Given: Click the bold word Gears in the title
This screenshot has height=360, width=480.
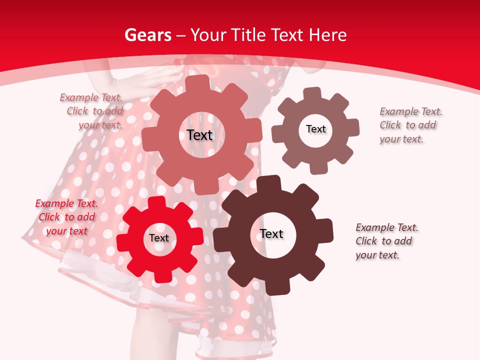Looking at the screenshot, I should click(x=148, y=35).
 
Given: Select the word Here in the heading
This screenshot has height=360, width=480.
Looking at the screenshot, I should click(x=327, y=35).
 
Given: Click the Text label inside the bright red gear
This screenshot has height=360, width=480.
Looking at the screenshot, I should click(x=159, y=238).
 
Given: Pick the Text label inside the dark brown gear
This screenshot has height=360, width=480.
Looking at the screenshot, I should click(x=271, y=234).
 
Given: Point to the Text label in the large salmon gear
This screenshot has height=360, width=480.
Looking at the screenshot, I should click(x=200, y=135).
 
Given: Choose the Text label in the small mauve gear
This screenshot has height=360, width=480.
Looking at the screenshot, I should click(x=316, y=129).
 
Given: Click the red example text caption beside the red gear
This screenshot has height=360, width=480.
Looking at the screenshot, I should click(x=66, y=217).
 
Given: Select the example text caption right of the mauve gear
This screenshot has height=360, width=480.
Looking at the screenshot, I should click(x=411, y=125).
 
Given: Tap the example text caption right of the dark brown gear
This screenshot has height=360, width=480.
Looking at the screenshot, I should click(x=387, y=241).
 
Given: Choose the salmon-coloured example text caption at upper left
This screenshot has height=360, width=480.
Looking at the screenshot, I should click(x=91, y=111).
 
